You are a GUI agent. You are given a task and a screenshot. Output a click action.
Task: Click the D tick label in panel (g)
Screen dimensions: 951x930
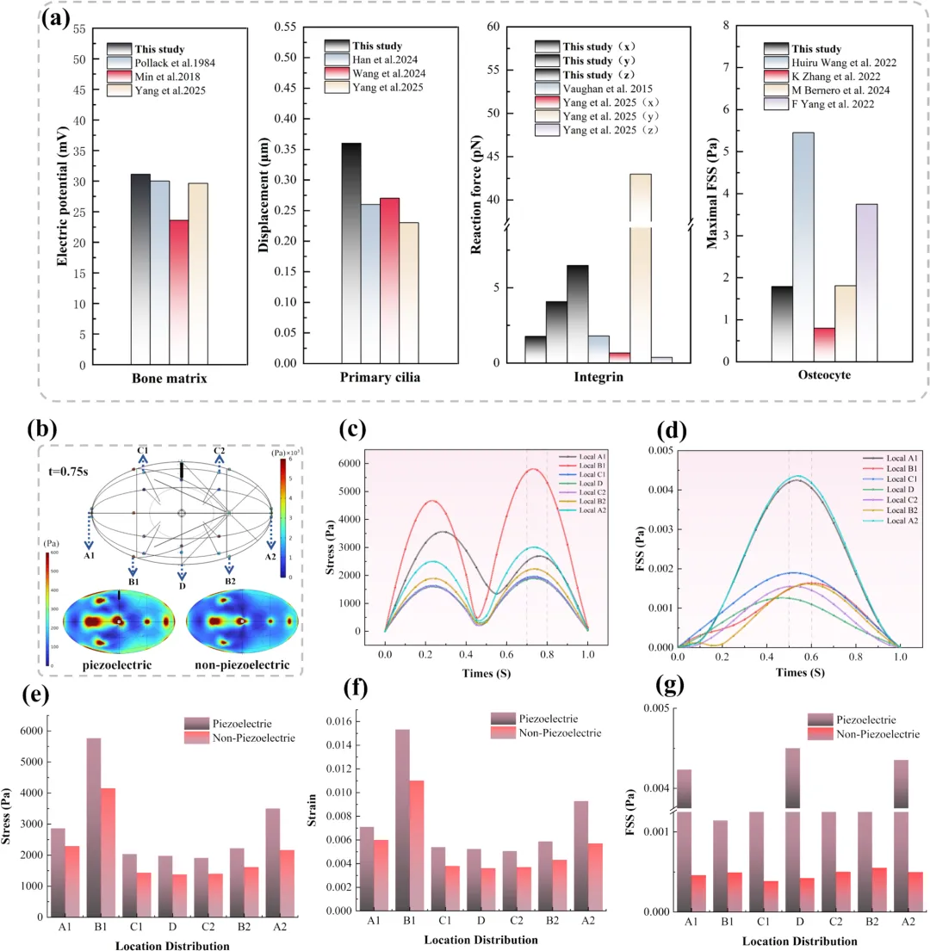(x=790, y=922)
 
